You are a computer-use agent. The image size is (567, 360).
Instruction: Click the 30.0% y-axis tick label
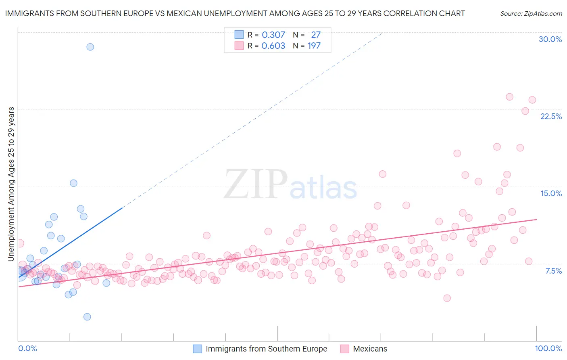550,39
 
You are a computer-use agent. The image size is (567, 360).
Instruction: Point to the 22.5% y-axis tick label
551,116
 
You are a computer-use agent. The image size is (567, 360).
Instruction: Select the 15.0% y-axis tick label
551,193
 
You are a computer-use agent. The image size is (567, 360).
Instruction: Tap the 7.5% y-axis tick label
553,271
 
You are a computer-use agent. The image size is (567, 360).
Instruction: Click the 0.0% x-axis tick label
27,348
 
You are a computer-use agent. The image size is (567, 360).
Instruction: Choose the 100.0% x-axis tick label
548,348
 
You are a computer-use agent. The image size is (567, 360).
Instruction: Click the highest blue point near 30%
90,47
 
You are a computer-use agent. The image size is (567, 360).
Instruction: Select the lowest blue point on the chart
87,317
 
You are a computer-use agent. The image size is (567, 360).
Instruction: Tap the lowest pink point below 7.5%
447,298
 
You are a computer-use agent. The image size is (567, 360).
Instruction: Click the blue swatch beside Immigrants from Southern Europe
197,349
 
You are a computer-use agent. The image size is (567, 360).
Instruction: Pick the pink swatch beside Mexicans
344,349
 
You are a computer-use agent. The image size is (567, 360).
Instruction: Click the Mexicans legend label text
370,349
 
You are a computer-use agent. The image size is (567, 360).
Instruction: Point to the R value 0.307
273,35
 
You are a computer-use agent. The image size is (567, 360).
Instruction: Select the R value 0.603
273,46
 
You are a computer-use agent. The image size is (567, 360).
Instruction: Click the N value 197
314,46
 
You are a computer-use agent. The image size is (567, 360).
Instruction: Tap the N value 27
316,35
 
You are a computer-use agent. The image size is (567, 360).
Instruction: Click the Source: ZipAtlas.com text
531,13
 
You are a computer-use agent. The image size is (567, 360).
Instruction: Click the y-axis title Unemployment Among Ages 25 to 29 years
11,184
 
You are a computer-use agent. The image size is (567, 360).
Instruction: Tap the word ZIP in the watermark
255,184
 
